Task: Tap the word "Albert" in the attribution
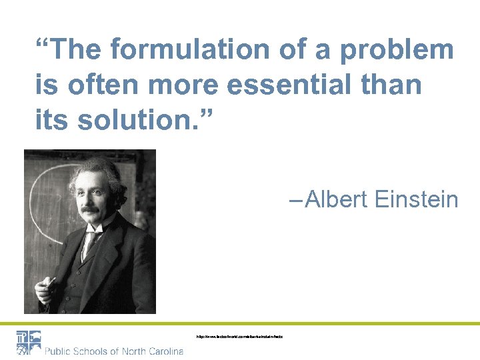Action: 336,199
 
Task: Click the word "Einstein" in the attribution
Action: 417,199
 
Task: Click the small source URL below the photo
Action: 239,337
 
